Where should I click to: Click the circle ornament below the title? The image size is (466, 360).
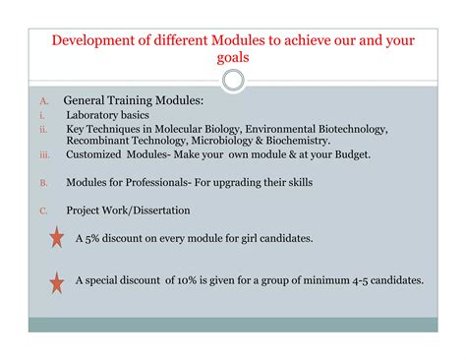(x=233, y=80)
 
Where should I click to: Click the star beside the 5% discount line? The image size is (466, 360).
(x=57, y=238)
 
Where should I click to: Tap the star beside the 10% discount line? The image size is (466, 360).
(x=57, y=282)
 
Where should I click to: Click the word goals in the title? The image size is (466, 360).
(x=233, y=58)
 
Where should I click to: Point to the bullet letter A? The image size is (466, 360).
(x=44, y=101)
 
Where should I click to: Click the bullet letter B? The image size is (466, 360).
(x=44, y=183)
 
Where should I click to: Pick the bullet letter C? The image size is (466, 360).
(x=44, y=210)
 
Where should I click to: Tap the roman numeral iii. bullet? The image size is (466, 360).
(x=44, y=155)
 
